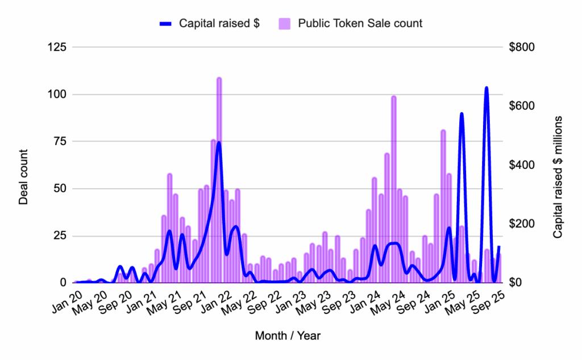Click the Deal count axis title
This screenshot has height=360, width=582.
[24, 177]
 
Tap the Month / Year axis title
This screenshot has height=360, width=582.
[288, 336]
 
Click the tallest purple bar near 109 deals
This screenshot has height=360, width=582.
[219, 182]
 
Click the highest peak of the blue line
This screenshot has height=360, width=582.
[487, 88]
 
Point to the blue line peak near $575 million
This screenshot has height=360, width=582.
[462, 114]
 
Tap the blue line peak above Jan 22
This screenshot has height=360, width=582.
[219, 143]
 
